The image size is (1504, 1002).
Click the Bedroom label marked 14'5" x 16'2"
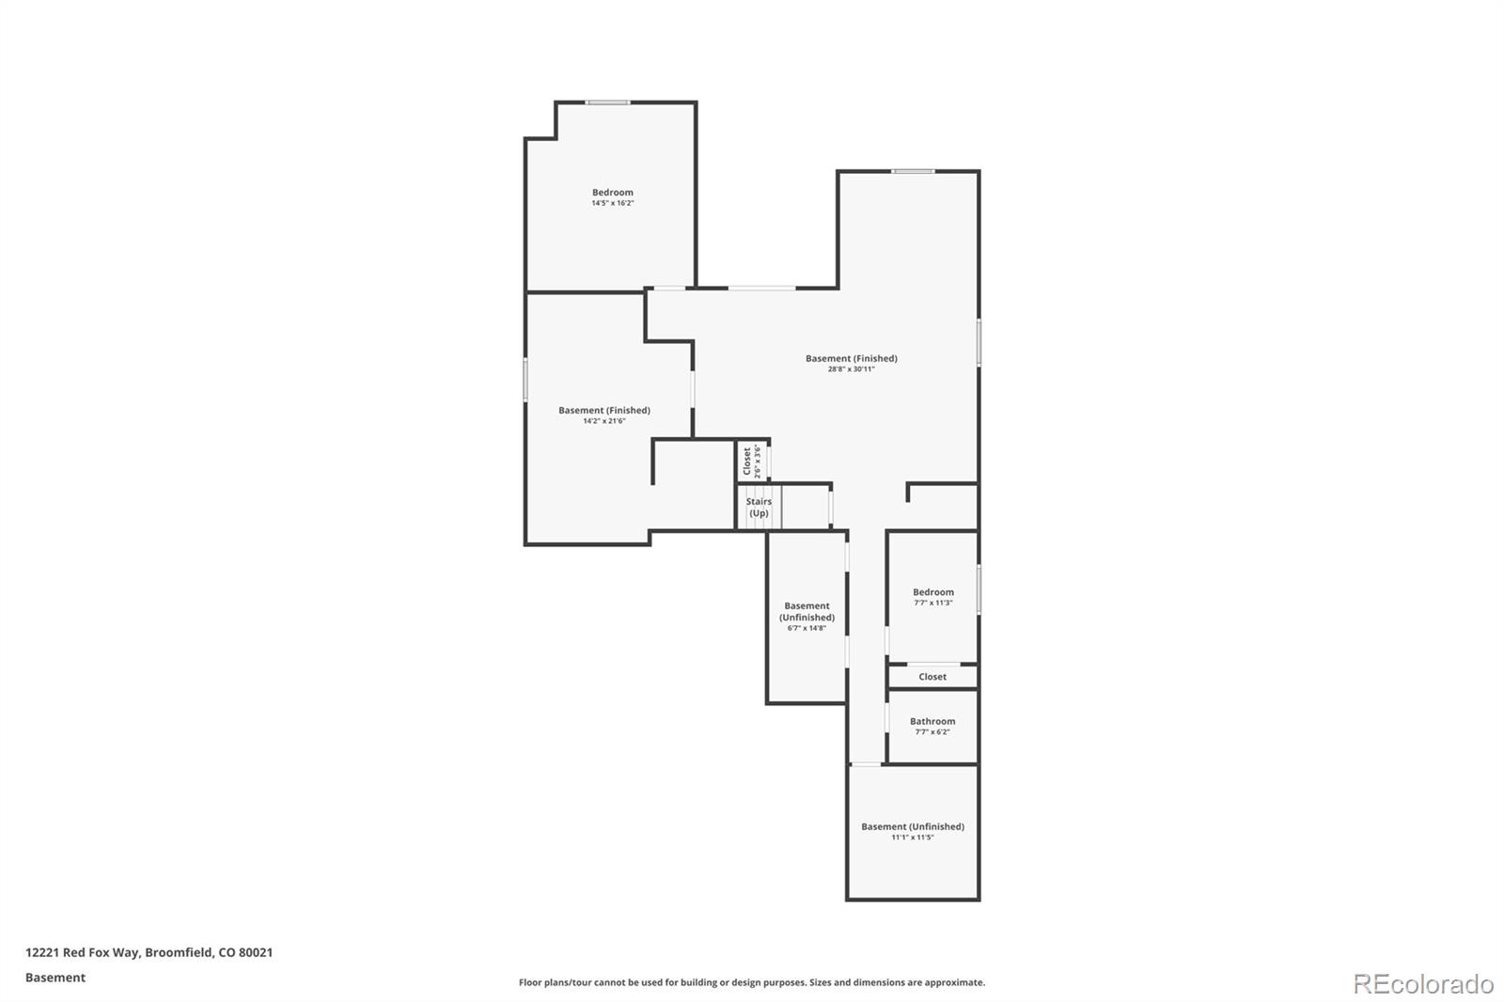click(x=612, y=193)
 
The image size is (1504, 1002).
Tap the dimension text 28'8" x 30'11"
click(x=851, y=369)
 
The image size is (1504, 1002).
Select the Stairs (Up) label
click(x=759, y=508)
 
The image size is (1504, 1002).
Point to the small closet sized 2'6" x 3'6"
click(x=752, y=461)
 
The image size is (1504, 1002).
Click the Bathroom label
click(x=932, y=721)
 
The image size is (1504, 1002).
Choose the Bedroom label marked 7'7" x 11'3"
click(x=932, y=592)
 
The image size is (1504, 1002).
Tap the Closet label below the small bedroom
click(x=932, y=677)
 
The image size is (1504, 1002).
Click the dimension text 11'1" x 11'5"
click(x=912, y=838)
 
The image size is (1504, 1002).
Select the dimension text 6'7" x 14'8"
click(x=807, y=628)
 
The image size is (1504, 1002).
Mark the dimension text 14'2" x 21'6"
click(x=603, y=421)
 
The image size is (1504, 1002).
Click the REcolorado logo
click(x=1422, y=983)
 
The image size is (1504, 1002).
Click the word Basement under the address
click(x=55, y=978)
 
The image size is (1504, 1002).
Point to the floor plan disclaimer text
click(x=751, y=982)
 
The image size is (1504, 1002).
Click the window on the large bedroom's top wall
click(x=608, y=102)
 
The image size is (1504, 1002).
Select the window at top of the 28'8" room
click(x=913, y=171)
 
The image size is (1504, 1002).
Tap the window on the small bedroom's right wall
click(x=979, y=589)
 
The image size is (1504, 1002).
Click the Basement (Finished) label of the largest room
click(x=851, y=358)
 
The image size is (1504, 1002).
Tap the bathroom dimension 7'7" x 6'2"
click(x=932, y=732)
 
